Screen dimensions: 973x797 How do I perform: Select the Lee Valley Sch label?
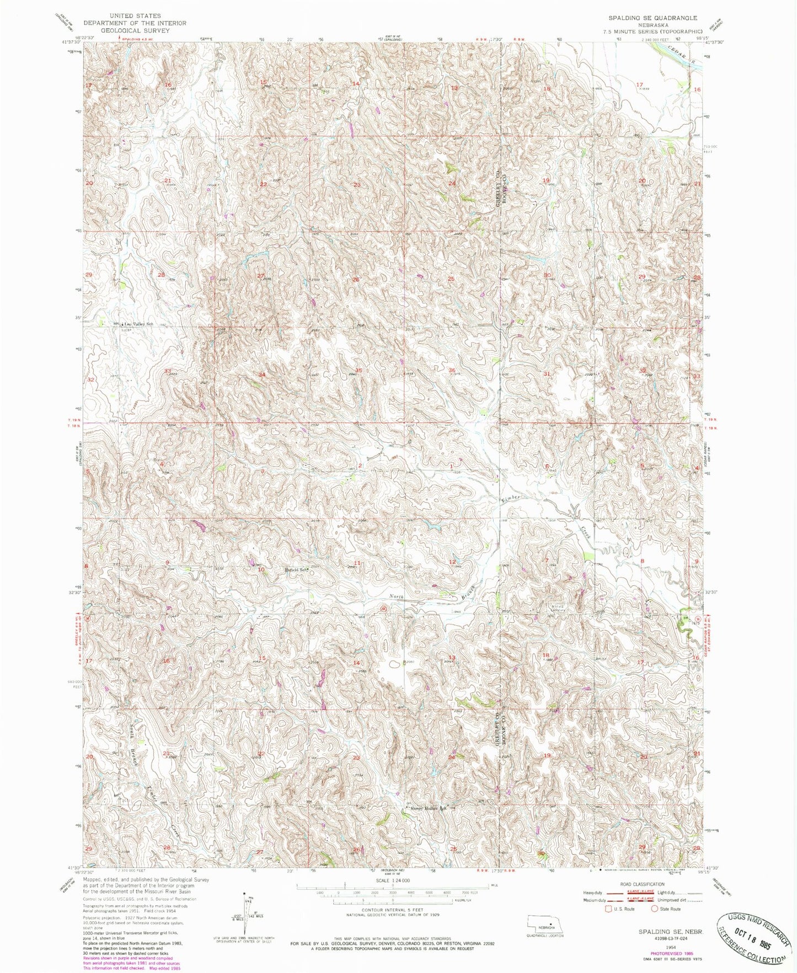click(137, 324)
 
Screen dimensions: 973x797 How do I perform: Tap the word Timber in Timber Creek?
click(510, 498)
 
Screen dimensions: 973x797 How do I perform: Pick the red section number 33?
click(168, 371)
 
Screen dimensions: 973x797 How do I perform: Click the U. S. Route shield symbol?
click(608, 908)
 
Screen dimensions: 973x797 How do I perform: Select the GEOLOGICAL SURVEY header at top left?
click(135, 30)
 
